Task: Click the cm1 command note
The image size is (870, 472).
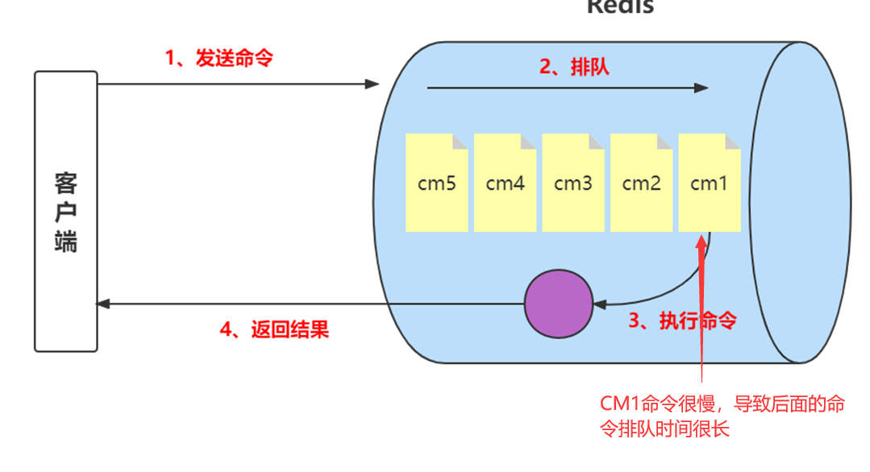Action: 710,183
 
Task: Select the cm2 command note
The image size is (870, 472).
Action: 641,183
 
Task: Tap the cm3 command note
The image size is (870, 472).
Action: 572,183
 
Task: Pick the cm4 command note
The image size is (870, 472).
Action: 505,183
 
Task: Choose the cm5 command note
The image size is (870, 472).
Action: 436,183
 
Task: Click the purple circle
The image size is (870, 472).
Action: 558,304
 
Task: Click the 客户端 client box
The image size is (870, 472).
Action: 65,211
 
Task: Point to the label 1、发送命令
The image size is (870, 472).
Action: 219,58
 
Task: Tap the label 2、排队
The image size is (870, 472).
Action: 574,67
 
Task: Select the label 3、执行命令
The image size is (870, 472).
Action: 682,321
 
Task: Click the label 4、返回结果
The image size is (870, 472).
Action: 274,329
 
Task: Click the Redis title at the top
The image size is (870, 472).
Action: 620,7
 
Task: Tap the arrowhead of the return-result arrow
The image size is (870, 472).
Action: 102,304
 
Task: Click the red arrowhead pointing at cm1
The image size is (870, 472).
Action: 702,242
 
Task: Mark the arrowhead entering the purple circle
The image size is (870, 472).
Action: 598,304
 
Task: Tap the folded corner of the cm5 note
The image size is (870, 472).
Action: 460,141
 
